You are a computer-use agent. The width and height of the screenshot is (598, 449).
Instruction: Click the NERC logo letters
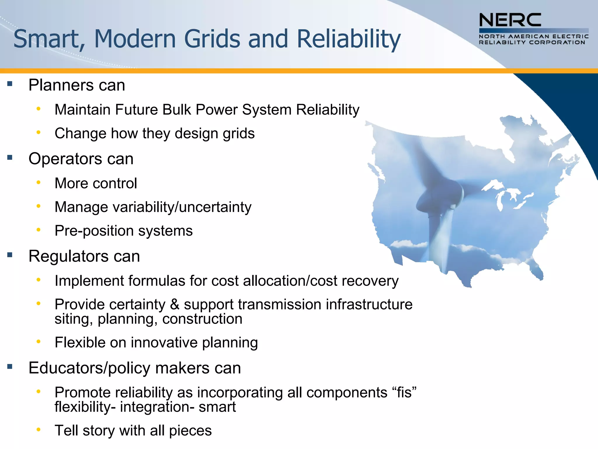[x=510, y=20]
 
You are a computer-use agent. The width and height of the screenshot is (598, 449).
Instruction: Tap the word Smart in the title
[x=46, y=39]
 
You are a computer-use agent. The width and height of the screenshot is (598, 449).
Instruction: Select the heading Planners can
[x=77, y=85]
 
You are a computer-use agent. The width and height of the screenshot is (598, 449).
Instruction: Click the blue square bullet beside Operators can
[x=10, y=158]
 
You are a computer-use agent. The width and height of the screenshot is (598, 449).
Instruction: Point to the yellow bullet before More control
[x=38, y=183]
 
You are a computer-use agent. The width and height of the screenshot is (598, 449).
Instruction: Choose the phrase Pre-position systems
[x=124, y=231]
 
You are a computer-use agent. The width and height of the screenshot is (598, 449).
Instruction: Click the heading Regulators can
[x=84, y=256]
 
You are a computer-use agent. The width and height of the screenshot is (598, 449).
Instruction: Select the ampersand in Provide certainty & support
[x=174, y=304]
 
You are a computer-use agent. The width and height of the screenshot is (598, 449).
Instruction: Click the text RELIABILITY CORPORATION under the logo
[x=532, y=42]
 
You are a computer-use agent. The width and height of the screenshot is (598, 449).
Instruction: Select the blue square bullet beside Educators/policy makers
[x=10, y=367]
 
